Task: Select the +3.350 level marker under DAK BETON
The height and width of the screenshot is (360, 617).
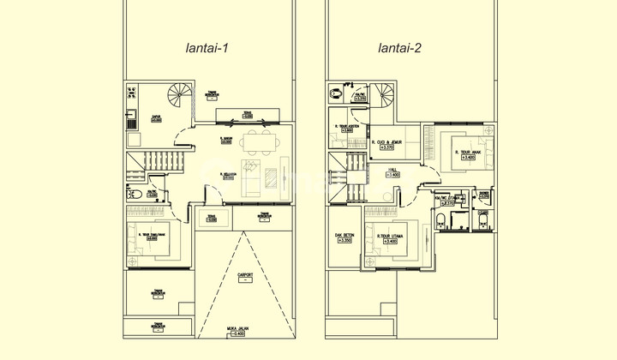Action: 345,241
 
